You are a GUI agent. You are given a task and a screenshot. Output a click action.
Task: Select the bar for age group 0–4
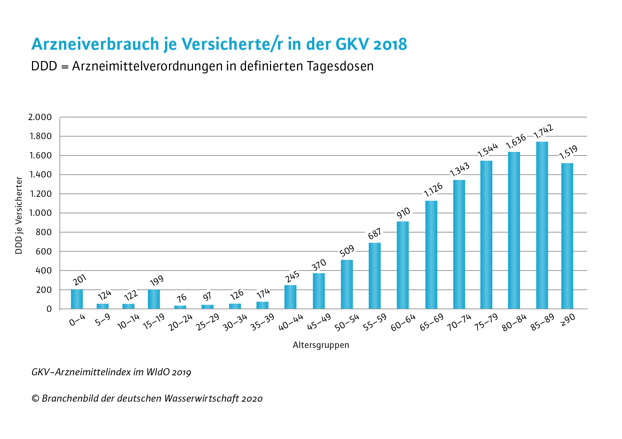coord(77,299)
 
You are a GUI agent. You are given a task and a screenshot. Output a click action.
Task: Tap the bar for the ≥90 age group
coord(567,236)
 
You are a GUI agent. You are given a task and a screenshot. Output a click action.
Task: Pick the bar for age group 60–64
coord(402,265)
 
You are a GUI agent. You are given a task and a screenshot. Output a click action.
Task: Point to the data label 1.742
coord(543,131)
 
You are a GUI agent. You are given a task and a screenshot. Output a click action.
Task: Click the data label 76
coord(182,298)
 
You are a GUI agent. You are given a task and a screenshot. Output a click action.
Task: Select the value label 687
coord(375,234)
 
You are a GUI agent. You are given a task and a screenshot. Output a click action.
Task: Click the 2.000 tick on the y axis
coord(40,117)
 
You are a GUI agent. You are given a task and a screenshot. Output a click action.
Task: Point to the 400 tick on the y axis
coord(44,271)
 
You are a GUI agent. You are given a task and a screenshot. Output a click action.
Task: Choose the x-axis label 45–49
coord(319,322)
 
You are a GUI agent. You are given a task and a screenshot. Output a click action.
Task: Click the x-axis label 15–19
coord(154,322)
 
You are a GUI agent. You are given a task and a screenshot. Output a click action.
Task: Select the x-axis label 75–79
coord(486,322)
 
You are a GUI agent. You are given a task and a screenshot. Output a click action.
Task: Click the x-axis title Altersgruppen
coord(321,345)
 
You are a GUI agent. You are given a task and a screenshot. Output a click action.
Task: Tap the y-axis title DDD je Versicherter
coord(19,215)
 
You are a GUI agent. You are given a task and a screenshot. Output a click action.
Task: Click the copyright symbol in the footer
coord(35,398)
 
